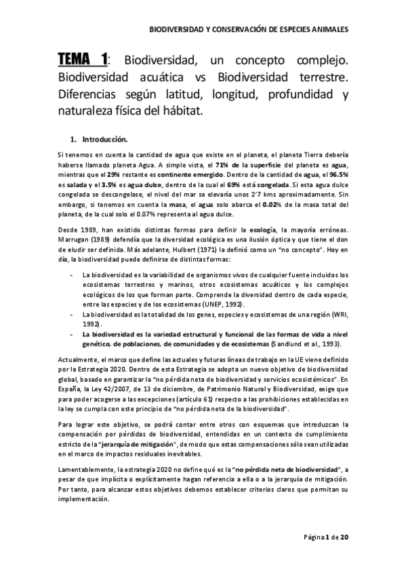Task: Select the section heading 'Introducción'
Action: coord(104,140)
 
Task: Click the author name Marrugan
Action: coord(73,239)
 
